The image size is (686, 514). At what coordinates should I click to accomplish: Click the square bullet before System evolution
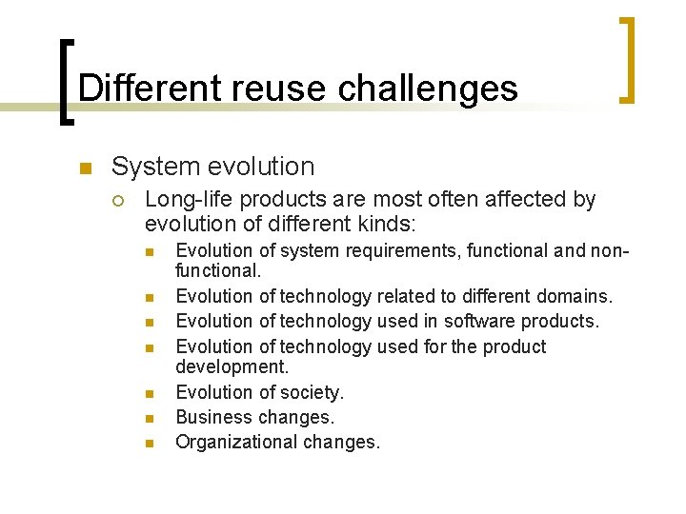[x=84, y=169]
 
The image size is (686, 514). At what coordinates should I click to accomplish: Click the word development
[x=232, y=366]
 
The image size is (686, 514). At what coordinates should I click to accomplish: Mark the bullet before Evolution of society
[x=149, y=393]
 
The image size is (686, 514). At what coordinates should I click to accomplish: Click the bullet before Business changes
[x=149, y=418]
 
